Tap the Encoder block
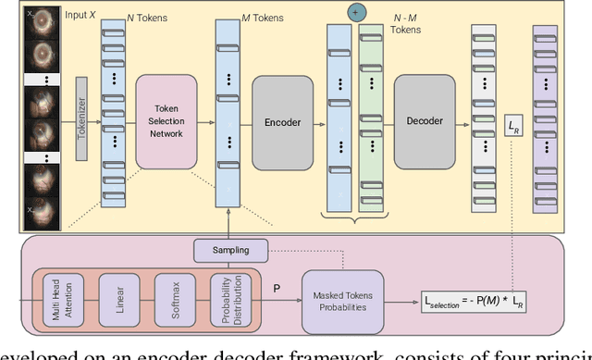coord(282,120)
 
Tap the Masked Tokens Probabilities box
coord(341,300)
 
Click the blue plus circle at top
coord(355,13)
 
